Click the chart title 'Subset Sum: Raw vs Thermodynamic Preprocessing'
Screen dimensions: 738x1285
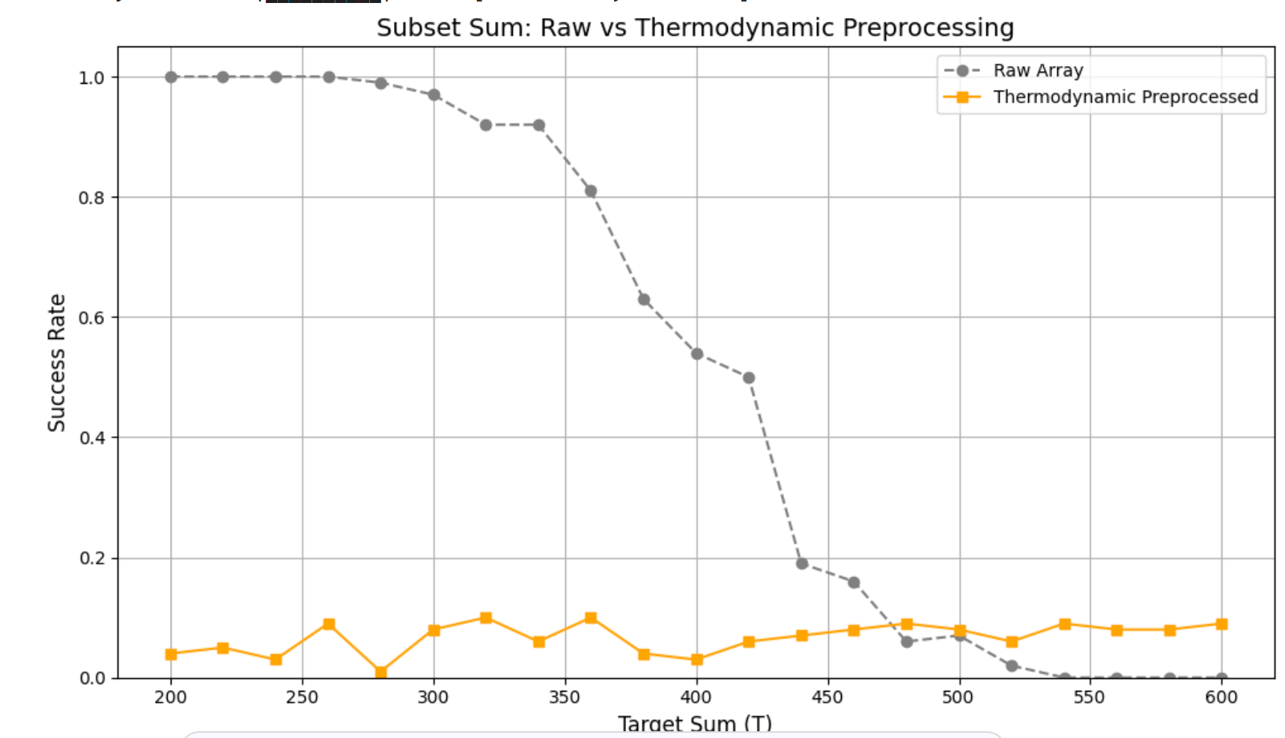pyautogui.click(x=695, y=28)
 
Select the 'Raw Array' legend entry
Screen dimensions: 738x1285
pyautogui.click(x=1038, y=70)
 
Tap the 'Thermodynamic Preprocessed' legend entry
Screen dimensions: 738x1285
pyautogui.click(x=1125, y=97)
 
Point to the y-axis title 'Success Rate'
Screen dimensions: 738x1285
pyautogui.click(x=57, y=363)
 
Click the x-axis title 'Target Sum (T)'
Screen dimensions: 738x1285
pyautogui.click(x=694, y=723)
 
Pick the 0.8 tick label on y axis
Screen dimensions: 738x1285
pyautogui.click(x=92, y=198)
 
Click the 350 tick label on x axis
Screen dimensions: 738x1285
pyautogui.click(x=565, y=698)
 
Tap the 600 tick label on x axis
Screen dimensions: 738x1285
pyautogui.click(x=1221, y=698)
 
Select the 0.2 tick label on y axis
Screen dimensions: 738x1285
pyautogui.click(x=92, y=558)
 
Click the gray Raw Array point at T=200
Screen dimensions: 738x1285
pyautogui.click(x=171, y=77)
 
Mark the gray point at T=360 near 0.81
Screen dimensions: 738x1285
pyautogui.click(x=591, y=191)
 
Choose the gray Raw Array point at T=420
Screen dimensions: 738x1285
pyautogui.click(x=749, y=378)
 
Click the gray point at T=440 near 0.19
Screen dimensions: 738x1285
pyautogui.click(x=801, y=564)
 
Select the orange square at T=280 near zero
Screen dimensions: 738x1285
pyautogui.click(x=381, y=672)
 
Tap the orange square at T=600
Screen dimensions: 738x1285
pyautogui.click(x=1221, y=623)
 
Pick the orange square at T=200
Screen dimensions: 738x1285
pyautogui.click(x=171, y=654)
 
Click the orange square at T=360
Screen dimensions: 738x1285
pyautogui.click(x=591, y=617)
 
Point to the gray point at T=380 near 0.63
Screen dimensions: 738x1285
pyautogui.click(x=644, y=299)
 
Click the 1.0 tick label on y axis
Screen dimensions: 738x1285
pyautogui.click(x=92, y=78)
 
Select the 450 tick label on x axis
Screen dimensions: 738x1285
pyautogui.click(x=827, y=698)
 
